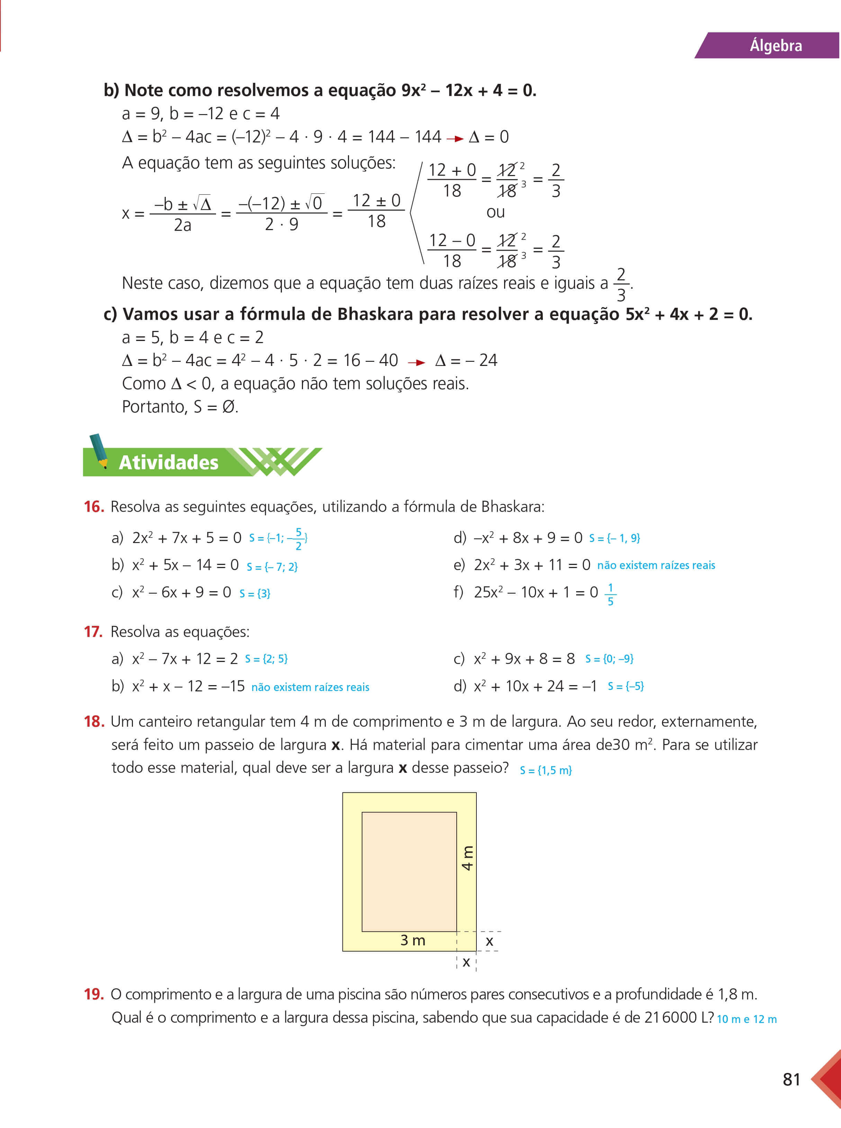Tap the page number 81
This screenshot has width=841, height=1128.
pos(791,1079)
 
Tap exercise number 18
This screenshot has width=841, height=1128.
pos(94,722)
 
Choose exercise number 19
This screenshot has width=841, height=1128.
pos(94,994)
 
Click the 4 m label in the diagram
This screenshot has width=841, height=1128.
pos(467,858)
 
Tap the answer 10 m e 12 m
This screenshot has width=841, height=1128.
pos(746,1019)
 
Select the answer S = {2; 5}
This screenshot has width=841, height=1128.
pos(266,659)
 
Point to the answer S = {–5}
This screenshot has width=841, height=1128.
pos(625,686)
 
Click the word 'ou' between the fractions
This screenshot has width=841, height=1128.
pos(495,212)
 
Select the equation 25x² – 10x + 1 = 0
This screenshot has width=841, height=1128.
pos(536,592)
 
